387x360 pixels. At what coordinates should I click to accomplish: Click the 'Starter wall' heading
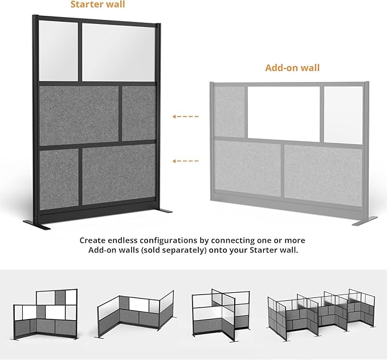pyautogui.click(x=97, y=5)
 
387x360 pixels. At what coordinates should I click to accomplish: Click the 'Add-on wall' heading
pyautogui.click(x=292, y=68)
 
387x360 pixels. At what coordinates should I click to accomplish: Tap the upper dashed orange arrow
pyautogui.click(x=185, y=117)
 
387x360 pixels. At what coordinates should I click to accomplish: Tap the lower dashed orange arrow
pyautogui.click(x=185, y=161)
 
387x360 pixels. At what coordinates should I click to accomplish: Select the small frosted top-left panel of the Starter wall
pyautogui.click(x=58, y=51)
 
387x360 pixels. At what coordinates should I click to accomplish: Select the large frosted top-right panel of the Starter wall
pyautogui.click(x=119, y=52)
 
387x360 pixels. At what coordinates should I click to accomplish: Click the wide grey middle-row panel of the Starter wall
pyautogui.click(x=78, y=115)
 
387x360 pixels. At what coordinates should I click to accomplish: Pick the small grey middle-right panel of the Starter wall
pyautogui.click(x=138, y=113)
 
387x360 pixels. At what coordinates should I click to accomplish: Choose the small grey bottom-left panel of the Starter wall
pyautogui.click(x=58, y=178)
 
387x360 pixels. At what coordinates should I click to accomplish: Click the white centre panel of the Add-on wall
pyautogui.click(x=283, y=113)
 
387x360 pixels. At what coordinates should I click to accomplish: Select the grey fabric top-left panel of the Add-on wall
pyautogui.click(x=230, y=112)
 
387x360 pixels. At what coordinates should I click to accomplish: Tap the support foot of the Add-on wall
pyautogui.click(x=365, y=220)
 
